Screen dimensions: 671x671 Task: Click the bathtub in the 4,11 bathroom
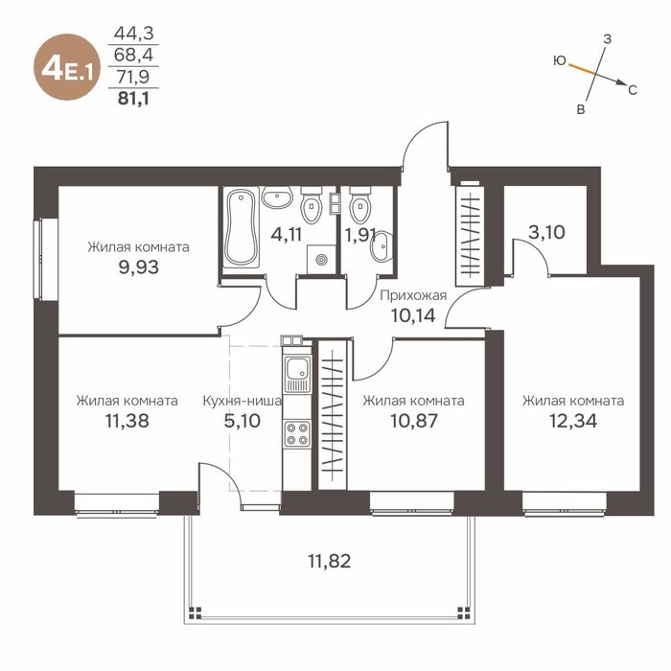pyautogui.click(x=242, y=227)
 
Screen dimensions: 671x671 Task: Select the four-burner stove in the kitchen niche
pyautogui.click(x=297, y=433)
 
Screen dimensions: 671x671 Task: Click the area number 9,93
pyautogui.click(x=138, y=267)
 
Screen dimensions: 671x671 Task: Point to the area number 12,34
pyautogui.click(x=573, y=421)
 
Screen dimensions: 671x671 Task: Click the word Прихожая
pyautogui.click(x=413, y=295)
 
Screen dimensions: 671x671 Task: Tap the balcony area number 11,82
pyautogui.click(x=330, y=561)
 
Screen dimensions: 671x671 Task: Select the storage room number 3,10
pyautogui.click(x=546, y=232)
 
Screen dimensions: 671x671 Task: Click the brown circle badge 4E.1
pyautogui.click(x=67, y=67)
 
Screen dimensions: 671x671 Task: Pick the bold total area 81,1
pyautogui.click(x=133, y=99)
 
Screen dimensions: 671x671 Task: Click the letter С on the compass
pyautogui.click(x=633, y=90)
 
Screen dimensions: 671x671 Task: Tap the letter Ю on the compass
pyautogui.click(x=559, y=61)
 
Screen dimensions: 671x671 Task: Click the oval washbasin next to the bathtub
pyautogui.click(x=277, y=197)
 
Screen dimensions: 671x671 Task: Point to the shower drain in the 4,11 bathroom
pyautogui.click(x=321, y=260)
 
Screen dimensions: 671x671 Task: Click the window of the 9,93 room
pyautogui.click(x=45, y=259)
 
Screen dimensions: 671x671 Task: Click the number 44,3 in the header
pyautogui.click(x=133, y=34)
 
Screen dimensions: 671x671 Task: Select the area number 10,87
pyautogui.click(x=414, y=421)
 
